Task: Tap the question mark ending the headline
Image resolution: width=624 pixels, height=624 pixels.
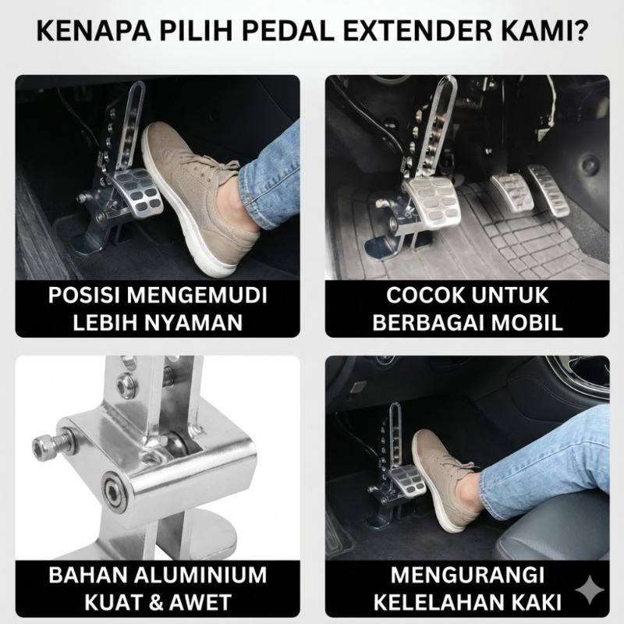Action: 578,31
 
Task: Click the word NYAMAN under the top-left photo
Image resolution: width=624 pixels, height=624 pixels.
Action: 193,322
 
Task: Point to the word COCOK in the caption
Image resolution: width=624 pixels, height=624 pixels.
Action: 420,296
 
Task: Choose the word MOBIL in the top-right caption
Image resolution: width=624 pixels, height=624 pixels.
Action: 527,322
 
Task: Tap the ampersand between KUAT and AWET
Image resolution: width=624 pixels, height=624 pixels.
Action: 158,602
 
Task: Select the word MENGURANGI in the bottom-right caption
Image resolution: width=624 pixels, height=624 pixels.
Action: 467,576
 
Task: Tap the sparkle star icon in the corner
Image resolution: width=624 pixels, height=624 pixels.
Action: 590,590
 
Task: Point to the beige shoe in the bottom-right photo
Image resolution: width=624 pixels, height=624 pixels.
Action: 445,480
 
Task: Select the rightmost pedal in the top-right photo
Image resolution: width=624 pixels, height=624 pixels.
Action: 548,190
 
